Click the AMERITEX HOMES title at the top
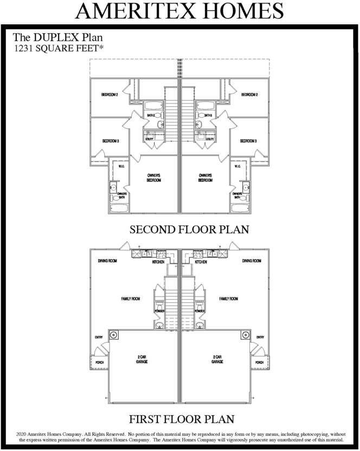179,11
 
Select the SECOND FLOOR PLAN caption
189,230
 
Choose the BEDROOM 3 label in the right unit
248,141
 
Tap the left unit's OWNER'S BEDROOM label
155,178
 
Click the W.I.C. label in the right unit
237,166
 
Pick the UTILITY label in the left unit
150,139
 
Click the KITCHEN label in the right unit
201,262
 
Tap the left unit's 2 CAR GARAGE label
142,359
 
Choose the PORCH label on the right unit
259,362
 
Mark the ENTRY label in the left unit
99,337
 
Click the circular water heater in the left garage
113,334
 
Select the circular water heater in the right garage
245,334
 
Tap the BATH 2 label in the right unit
207,115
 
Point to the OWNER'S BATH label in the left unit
122,196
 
